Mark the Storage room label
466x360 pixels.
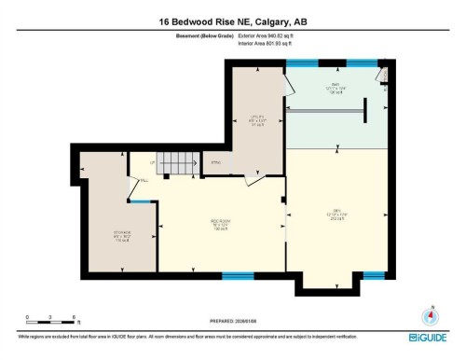[109, 233]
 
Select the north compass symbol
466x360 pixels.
[431, 315]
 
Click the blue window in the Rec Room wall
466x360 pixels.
[239, 275]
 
